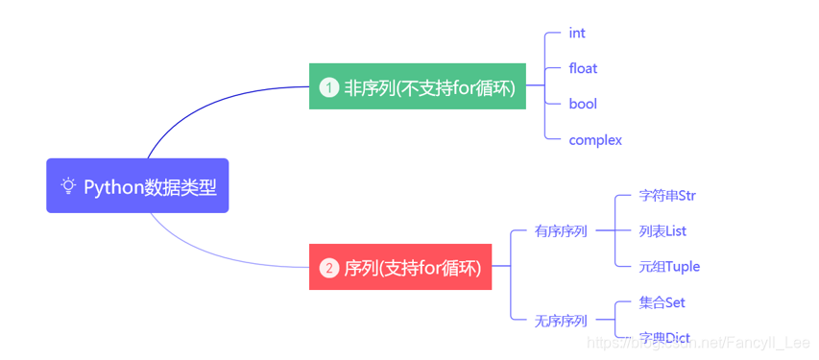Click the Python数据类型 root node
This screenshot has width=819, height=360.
137,186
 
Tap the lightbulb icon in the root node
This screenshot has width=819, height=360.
68,186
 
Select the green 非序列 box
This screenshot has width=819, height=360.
418,87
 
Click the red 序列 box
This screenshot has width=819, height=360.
400,267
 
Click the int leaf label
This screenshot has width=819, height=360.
577,33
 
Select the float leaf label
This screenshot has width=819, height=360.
583,68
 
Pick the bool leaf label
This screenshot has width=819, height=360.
582,104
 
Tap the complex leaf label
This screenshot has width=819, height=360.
595,140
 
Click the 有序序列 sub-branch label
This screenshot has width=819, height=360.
561,231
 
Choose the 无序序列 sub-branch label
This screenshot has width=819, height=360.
561,321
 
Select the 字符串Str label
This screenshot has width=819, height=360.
667,196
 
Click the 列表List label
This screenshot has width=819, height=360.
662,231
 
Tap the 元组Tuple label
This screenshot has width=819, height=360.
669,267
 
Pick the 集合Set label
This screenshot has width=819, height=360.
662,302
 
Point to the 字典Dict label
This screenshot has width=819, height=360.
664,338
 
